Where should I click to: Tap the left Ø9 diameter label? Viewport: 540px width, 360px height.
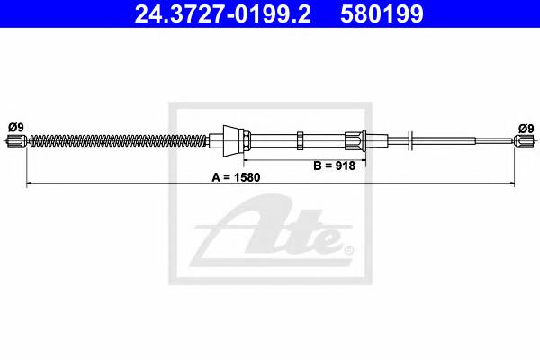16,127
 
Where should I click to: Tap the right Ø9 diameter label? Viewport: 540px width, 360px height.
525,127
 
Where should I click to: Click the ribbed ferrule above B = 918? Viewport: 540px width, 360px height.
355,139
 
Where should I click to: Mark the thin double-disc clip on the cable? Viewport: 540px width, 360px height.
409,139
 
